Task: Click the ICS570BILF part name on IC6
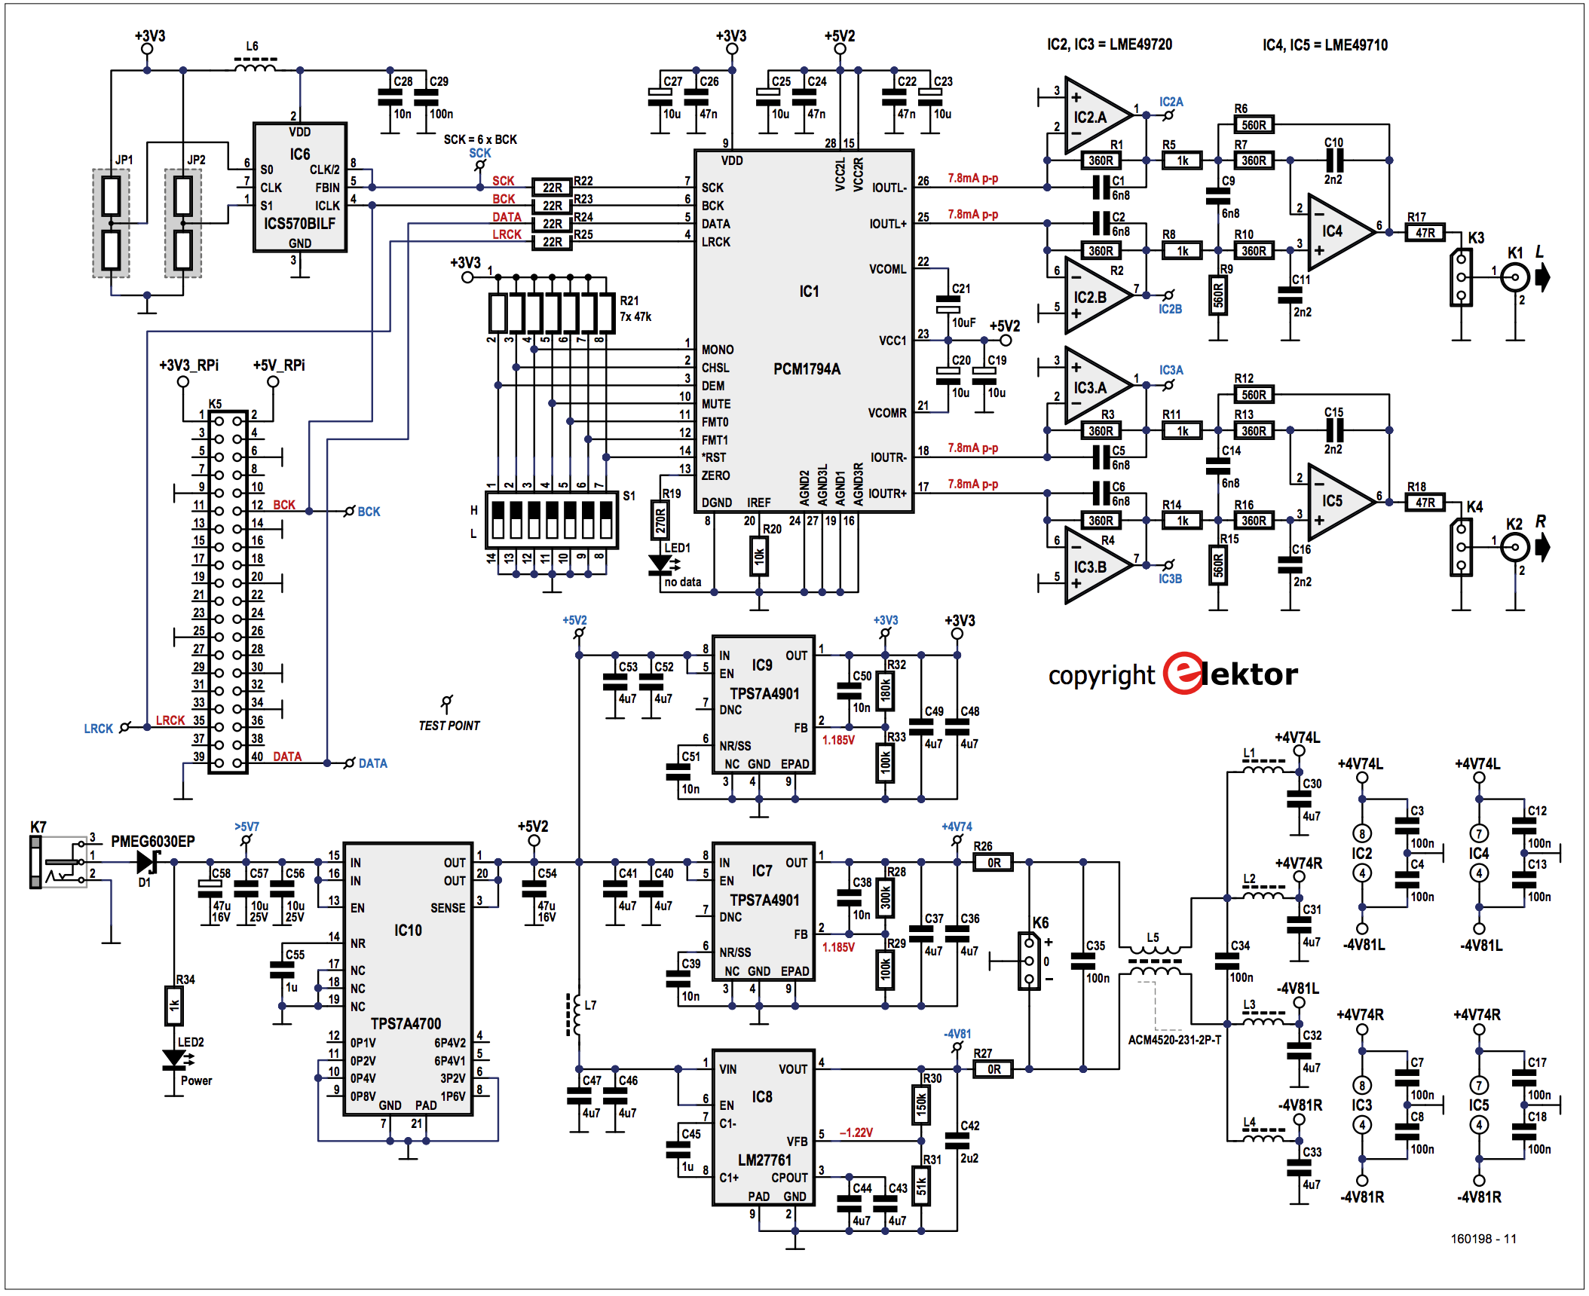[299, 224]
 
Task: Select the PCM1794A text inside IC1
[807, 369]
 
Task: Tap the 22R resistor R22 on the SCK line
[552, 187]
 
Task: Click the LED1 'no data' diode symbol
[660, 564]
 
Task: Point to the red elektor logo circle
[1184, 673]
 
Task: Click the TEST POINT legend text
[449, 726]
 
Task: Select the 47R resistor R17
[1425, 232]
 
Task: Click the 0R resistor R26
[994, 862]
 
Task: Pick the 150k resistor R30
[921, 1105]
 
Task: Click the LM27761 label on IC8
[764, 1160]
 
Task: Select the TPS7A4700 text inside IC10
[406, 1023]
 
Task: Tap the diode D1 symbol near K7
[148, 862]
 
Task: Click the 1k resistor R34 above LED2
[174, 1005]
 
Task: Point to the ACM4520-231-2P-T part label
[1174, 1040]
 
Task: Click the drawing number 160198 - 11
[1483, 1239]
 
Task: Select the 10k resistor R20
[759, 556]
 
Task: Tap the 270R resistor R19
[660, 520]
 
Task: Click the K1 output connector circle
[1515, 277]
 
